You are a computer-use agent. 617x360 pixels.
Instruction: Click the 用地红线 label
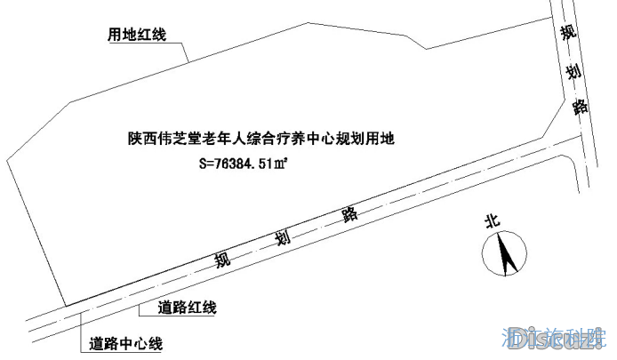pyautogui.click(x=137, y=36)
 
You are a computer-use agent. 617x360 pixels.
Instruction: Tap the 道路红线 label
pyautogui.click(x=187, y=308)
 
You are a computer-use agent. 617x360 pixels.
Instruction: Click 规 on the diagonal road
pyautogui.click(x=223, y=260)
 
